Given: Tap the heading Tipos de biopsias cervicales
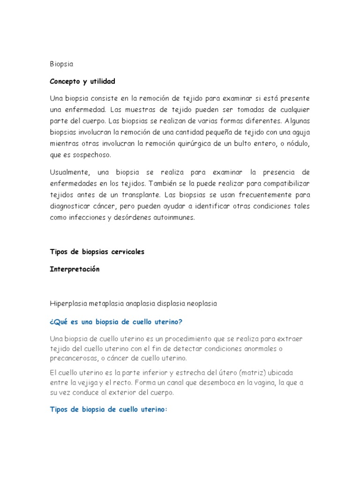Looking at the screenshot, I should (x=97, y=252).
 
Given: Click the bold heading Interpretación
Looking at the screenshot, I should (x=75, y=270).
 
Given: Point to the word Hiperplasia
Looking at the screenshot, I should (x=67, y=304).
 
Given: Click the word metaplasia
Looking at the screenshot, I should (x=105, y=304).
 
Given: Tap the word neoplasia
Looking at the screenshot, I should (x=202, y=304).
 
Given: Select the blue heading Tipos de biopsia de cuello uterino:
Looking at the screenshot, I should (x=108, y=409).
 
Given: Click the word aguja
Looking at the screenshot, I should (x=300, y=133).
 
